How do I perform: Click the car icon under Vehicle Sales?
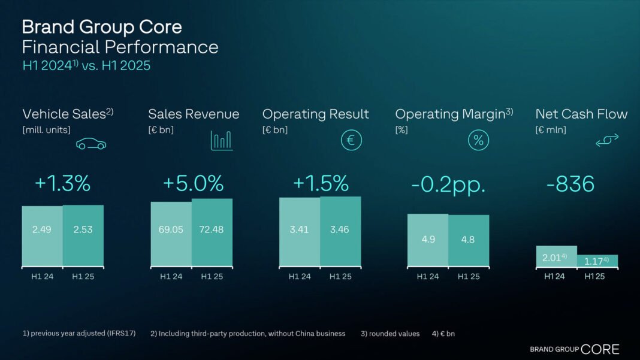[91, 144]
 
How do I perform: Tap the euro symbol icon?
[351, 140]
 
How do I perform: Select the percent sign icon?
[478, 140]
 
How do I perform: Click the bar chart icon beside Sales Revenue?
[221, 141]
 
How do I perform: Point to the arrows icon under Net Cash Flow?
[606, 140]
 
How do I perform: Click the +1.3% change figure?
[62, 184]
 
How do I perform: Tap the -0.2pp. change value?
[448, 184]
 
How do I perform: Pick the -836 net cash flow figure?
[570, 184]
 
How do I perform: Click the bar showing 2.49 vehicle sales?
[42, 236]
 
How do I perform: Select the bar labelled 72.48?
[212, 232]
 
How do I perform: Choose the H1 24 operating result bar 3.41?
[300, 231]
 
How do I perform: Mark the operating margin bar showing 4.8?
[469, 240]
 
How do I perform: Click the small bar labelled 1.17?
[597, 261]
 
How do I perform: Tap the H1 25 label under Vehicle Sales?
[83, 277]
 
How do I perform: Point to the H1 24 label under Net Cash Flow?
[554, 277]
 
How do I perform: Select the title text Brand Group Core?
[102, 27]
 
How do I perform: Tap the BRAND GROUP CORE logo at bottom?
[574, 349]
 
